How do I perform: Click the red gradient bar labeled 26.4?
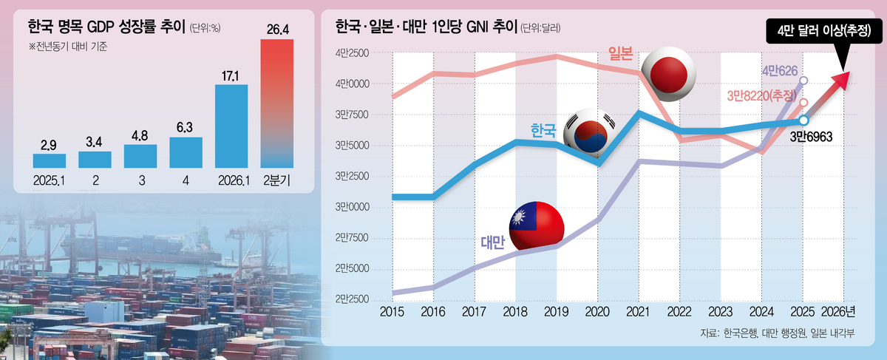tap(276, 103)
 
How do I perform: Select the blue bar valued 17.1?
tap(231, 126)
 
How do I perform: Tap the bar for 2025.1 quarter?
tap(49, 161)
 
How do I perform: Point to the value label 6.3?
tap(185, 128)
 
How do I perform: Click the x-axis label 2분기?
tap(276, 180)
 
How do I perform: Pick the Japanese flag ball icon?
tap(669, 74)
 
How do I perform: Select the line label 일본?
tap(620, 53)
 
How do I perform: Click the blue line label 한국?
tap(543, 130)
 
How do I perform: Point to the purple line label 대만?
tap(492, 242)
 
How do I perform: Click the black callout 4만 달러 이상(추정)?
tap(824, 31)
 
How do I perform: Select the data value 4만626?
tap(780, 71)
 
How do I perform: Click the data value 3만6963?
tap(811, 137)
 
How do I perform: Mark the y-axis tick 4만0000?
tap(352, 84)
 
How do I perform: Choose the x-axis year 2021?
tap(638, 312)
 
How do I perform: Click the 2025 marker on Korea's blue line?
tap(803, 120)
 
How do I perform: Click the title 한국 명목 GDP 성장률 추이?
tap(106, 27)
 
